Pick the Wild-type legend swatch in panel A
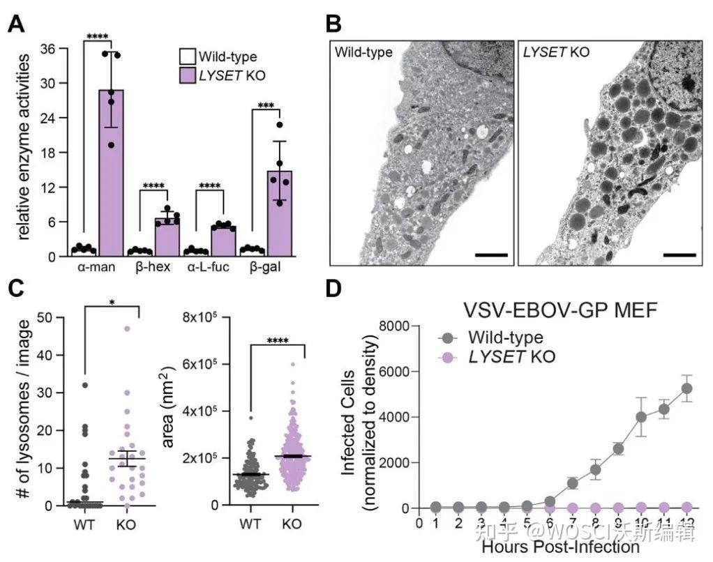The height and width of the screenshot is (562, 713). point(187,56)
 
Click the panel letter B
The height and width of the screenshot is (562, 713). point(333,24)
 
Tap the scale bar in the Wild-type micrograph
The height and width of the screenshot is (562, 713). point(491,255)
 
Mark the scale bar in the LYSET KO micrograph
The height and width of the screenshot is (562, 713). point(680,255)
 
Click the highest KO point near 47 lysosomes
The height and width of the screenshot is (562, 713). point(128,328)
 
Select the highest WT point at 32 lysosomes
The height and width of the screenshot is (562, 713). point(84,384)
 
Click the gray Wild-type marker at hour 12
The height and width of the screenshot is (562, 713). point(686,388)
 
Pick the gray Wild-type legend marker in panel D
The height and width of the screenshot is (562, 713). point(449,338)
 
